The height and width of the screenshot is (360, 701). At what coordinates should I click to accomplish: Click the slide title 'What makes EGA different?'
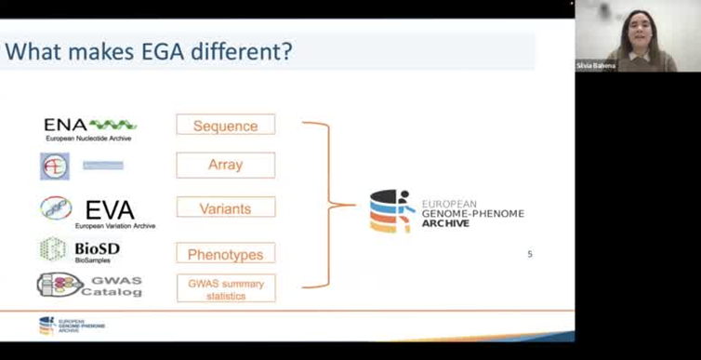tap(149, 51)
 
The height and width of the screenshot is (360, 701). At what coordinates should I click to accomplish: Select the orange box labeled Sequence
tap(225, 125)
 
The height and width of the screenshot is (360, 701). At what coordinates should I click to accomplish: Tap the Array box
tap(225, 166)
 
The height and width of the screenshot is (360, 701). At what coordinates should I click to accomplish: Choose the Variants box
tap(225, 207)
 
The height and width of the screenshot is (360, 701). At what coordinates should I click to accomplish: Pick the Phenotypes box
tap(225, 253)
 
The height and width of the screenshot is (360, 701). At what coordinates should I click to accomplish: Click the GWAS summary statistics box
tap(225, 287)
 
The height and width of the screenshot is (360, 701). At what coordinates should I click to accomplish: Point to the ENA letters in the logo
tap(65, 125)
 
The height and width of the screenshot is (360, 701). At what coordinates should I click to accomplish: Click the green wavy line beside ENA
tap(112, 125)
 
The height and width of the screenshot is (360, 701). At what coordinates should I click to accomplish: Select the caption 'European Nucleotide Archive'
tap(89, 139)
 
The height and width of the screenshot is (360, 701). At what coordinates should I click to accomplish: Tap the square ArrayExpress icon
tap(54, 167)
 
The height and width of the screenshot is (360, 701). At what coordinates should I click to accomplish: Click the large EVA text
tap(110, 209)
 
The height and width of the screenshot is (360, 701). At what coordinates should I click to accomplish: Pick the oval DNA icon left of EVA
tap(56, 208)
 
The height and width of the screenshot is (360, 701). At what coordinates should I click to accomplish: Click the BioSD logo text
tap(97, 248)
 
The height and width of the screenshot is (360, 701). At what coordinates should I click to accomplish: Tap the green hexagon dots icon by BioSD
tap(52, 249)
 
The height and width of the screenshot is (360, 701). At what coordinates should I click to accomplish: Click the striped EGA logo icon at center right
tap(390, 211)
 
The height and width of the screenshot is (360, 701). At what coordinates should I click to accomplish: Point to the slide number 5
tap(530, 254)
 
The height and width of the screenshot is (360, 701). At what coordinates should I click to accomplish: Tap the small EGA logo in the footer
tap(46, 326)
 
